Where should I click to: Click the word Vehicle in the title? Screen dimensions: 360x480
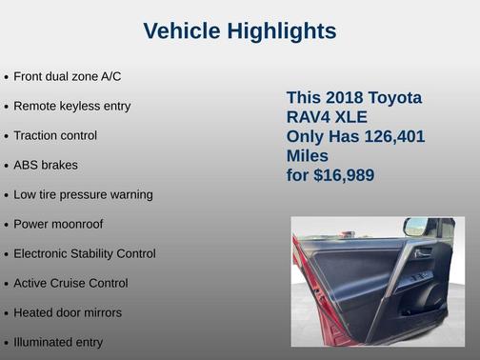coord(182,31)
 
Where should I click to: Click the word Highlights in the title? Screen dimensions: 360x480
coord(282,31)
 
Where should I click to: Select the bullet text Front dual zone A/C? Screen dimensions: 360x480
coord(67,75)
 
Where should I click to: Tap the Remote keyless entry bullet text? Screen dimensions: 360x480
coord(71,106)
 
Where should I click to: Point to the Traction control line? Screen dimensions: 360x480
coord(55,135)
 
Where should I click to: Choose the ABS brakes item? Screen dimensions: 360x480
coord(46,165)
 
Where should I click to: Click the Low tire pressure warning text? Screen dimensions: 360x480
coord(83,194)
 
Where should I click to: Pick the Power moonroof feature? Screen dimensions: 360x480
coord(58,224)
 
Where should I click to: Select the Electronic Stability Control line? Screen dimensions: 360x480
coord(84,253)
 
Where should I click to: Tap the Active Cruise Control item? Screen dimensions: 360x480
coord(70,283)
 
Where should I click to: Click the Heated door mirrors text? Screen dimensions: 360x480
coord(68,312)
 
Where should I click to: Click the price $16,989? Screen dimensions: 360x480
coord(343,175)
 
